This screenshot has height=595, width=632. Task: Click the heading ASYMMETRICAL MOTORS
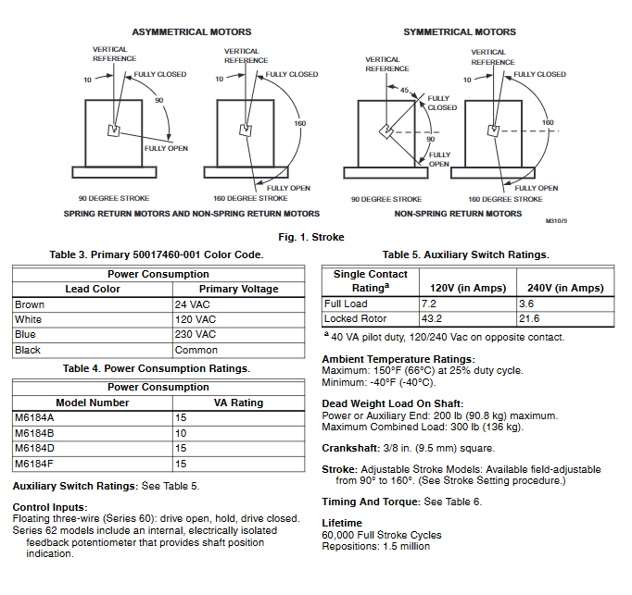pyautogui.click(x=191, y=31)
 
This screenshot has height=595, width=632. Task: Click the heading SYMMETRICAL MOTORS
pyautogui.click(x=459, y=31)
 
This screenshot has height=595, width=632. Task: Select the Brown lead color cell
pyautogui.click(x=29, y=304)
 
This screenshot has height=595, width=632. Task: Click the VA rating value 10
pyautogui.click(x=181, y=433)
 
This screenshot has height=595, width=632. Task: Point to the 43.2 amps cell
pyautogui.click(x=432, y=318)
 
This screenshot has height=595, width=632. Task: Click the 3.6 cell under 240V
pyautogui.click(x=527, y=304)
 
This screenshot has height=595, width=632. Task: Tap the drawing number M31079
pyautogui.click(x=556, y=221)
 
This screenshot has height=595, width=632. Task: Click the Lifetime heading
pyautogui.click(x=342, y=523)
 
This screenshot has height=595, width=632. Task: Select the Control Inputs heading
pyautogui.click(x=48, y=506)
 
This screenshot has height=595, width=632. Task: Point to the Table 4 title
pyautogui.click(x=156, y=368)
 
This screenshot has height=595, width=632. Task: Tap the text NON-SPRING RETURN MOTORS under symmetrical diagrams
pyautogui.click(x=458, y=214)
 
